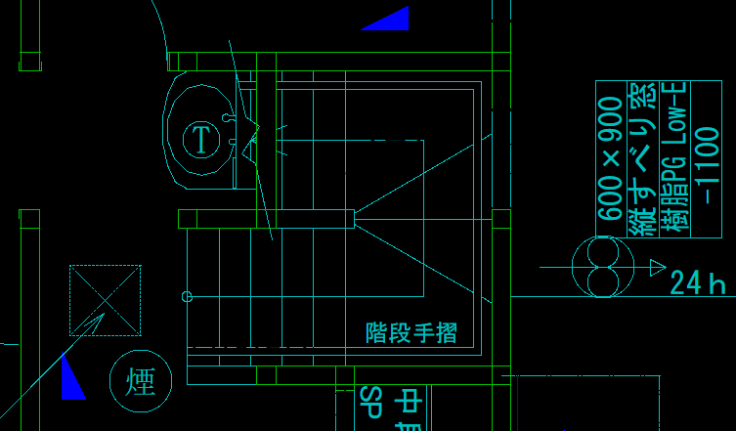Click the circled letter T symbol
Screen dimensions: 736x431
click(201, 140)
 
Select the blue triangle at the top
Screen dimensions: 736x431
click(388, 20)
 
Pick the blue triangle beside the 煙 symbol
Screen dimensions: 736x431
click(71, 380)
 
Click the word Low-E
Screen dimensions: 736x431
click(673, 108)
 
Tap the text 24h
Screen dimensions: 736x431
click(698, 283)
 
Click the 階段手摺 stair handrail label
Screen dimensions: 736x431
click(411, 333)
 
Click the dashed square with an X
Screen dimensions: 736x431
click(105, 300)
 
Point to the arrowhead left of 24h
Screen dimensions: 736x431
click(658, 267)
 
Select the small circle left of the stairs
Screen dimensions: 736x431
click(188, 296)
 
